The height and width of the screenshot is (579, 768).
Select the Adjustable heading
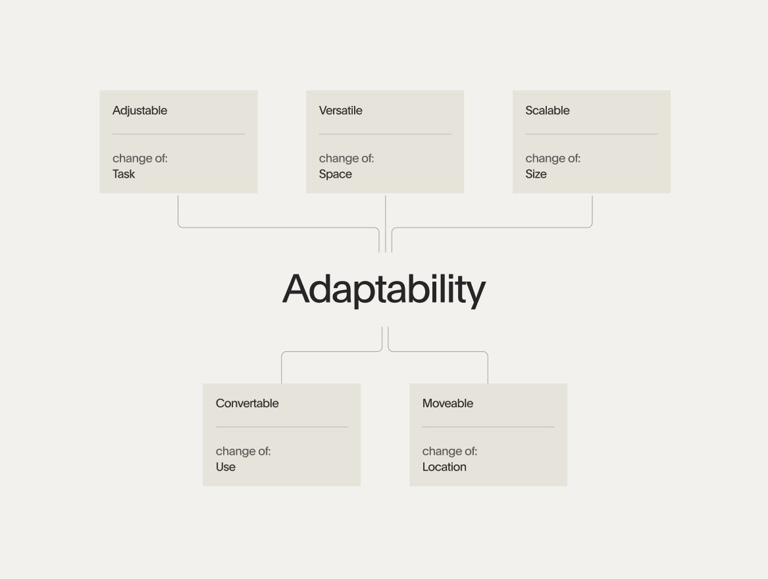tap(140, 111)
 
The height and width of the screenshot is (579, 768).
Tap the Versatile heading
tap(340, 111)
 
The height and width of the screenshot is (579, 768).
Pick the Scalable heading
tap(547, 111)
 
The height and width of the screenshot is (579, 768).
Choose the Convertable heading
tap(247, 403)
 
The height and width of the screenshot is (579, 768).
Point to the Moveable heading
tap(448, 403)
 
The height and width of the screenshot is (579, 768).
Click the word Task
tap(124, 174)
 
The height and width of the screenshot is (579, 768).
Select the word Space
tap(335, 174)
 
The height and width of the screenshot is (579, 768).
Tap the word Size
tap(536, 174)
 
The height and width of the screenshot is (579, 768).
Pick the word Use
tap(225, 467)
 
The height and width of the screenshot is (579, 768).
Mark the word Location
tap(444, 467)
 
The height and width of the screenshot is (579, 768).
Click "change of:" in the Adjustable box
tap(140, 158)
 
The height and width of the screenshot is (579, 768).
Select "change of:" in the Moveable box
tap(449, 451)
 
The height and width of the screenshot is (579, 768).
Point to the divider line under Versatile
tap(385, 134)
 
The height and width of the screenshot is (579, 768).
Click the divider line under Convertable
tap(282, 426)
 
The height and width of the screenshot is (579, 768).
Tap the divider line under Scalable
tap(592, 134)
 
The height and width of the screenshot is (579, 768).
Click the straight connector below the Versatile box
tap(386, 224)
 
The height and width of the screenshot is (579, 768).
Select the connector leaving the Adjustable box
tap(278, 227)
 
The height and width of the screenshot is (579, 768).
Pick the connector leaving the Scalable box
tap(492, 227)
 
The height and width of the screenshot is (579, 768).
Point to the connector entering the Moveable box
tap(438, 352)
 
